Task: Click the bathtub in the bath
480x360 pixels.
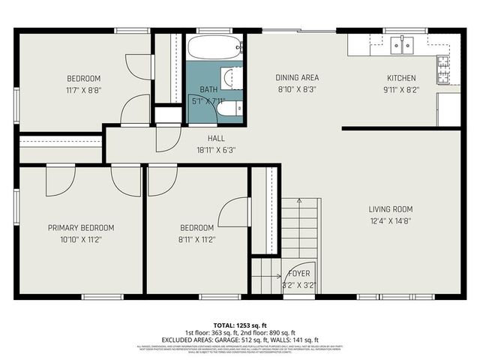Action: click(214, 48)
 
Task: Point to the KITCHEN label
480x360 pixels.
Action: click(400, 78)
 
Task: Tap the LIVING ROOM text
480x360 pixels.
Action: click(390, 209)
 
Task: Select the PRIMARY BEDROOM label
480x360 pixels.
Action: click(81, 228)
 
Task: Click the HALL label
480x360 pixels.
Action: click(216, 139)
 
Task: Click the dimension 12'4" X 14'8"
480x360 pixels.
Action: click(390, 221)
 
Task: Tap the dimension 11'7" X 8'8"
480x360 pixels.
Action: click(83, 90)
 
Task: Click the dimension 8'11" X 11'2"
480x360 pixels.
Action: click(196, 240)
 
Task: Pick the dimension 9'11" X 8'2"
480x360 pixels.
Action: click(400, 90)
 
